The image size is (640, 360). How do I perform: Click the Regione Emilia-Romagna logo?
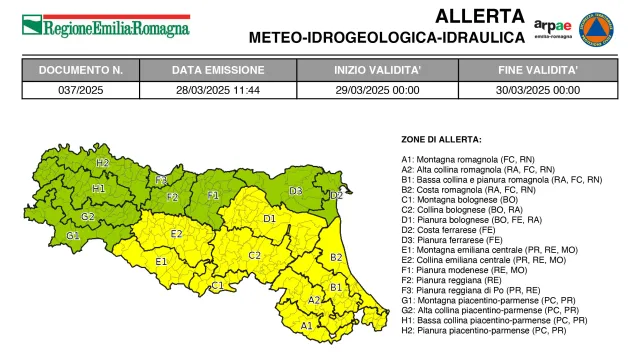tap(105, 26)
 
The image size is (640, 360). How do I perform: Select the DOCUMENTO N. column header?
tap(81, 71)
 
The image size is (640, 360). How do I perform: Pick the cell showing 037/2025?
tap(81, 89)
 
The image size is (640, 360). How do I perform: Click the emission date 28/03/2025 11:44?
tap(218, 89)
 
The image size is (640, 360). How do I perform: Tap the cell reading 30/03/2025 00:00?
tap(538, 89)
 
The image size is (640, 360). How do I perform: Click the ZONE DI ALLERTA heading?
tap(440, 138)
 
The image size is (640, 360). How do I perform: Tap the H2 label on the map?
tap(102, 162)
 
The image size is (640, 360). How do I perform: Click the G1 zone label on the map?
tap(73, 235)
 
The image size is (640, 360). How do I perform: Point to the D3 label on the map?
tap(296, 190)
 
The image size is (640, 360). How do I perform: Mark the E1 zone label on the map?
tap(161, 262)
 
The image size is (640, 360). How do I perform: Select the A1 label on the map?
tap(306, 325)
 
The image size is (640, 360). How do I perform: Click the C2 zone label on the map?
tap(255, 255)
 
